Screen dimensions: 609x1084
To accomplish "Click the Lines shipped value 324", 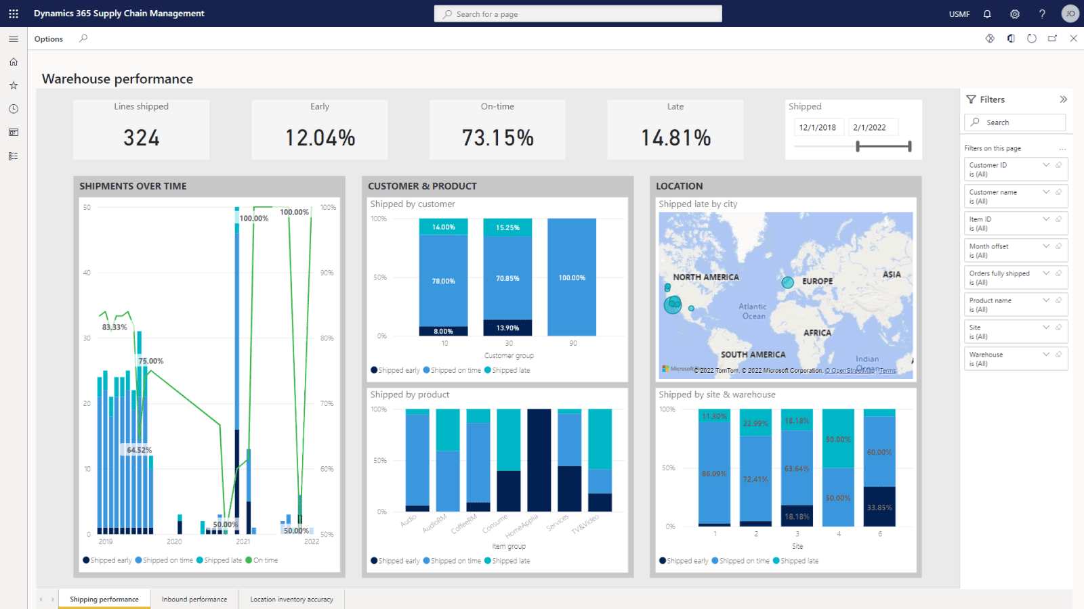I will point(142,138).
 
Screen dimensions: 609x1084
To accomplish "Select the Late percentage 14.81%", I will point(675,138).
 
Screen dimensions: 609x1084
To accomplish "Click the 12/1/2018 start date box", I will point(817,127).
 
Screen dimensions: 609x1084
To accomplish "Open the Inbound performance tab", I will point(194,600).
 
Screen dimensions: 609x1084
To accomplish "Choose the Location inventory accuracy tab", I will point(291,600).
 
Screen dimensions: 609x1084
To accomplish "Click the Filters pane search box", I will point(1015,122).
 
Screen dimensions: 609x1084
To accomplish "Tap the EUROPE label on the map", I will point(817,281).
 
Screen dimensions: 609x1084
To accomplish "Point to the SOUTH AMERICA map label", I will point(753,355).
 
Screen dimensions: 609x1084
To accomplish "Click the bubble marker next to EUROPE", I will point(787,283).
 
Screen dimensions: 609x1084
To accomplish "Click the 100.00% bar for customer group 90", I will point(572,277).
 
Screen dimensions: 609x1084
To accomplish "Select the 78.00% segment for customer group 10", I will point(443,281).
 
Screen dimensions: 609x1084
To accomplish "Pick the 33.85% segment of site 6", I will point(879,507).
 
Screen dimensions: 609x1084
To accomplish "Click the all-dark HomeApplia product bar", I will point(539,460).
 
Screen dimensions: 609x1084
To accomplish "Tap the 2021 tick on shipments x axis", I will point(243,541).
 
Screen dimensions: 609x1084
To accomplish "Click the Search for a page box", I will point(578,14).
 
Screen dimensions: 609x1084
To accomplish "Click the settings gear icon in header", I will point(1014,14).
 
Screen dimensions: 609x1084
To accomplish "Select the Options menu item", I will point(49,39).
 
